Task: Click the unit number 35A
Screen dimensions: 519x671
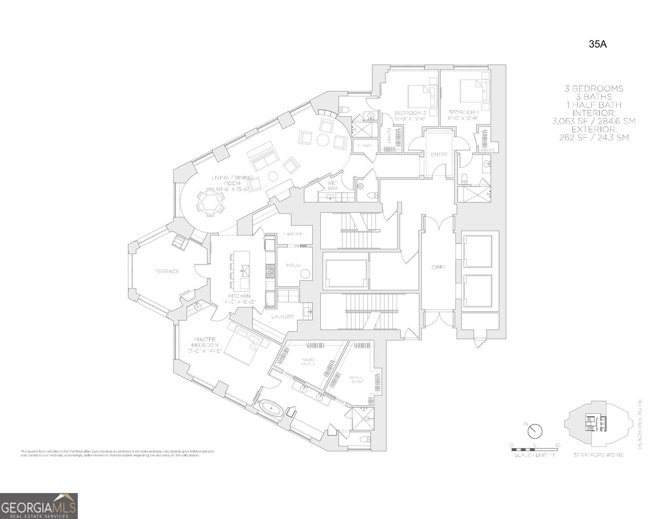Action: tap(598, 44)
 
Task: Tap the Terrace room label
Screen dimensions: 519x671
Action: tap(167, 272)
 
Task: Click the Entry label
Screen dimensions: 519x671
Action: tap(439, 154)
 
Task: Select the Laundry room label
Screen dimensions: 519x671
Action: tap(283, 317)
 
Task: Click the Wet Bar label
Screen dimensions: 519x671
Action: tap(332, 186)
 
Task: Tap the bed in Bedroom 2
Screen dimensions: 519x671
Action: tap(422, 96)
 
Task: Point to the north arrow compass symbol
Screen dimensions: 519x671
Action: tap(535, 431)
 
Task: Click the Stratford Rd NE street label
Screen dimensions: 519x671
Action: tap(598, 455)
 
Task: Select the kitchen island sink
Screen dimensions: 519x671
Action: tap(245, 271)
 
